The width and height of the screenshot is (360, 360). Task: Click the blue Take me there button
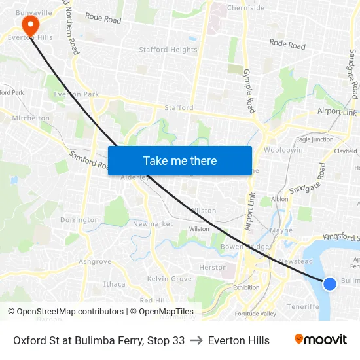(x=180, y=160)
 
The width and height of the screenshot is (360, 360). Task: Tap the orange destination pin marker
(x=30, y=25)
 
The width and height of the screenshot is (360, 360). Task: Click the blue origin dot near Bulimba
(x=330, y=283)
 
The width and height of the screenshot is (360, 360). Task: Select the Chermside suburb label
(x=245, y=8)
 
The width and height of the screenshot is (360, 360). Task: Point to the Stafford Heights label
(x=168, y=50)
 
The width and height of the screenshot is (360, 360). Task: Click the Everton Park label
(x=77, y=94)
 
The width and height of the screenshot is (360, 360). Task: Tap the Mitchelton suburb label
(x=31, y=118)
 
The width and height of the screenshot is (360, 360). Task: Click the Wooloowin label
(x=283, y=150)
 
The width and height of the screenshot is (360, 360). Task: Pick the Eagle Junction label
(x=314, y=139)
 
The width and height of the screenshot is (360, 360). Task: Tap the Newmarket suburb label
(x=153, y=224)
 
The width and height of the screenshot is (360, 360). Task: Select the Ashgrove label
(x=95, y=261)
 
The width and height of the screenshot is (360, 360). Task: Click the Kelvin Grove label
(x=170, y=279)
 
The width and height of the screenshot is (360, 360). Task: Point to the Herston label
(x=213, y=267)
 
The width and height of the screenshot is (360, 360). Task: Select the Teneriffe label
(x=302, y=306)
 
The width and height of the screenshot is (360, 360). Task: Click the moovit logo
(x=321, y=340)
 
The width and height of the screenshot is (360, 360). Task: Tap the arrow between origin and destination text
(x=196, y=340)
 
